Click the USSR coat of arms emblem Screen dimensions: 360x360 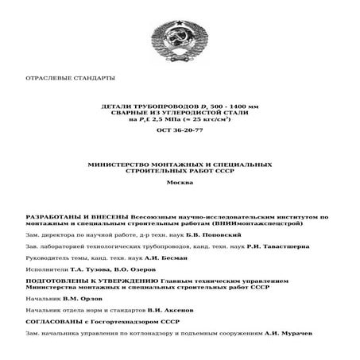[180, 37]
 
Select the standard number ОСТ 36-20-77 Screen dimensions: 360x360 [180, 130]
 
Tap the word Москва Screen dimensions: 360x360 [180, 183]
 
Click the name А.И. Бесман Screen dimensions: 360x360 [169, 258]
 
